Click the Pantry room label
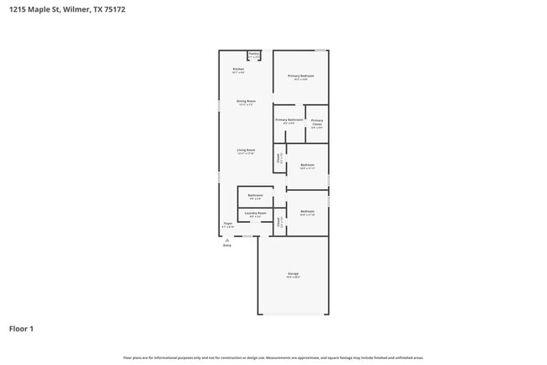[x=254, y=55]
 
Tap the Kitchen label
[x=238, y=69]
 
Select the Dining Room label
[x=246, y=102]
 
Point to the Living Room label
[x=246, y=150]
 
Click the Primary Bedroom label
[x=300, y=77]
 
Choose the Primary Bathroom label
[x=289, y=120]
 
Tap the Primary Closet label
[x=316, y=123]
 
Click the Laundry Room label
[x=255, y=214]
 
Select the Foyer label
[x=227, y=224]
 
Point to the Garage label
[x=293, y=273]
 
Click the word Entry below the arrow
[x=226, y=246]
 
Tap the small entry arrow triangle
[x=226, y=240]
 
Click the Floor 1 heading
[x=21, y=328]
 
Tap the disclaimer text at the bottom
[x=273, y=357]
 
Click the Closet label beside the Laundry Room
[x=279, y=223]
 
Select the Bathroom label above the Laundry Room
[x=255, y=196]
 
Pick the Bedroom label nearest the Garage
[x=307, y=211]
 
